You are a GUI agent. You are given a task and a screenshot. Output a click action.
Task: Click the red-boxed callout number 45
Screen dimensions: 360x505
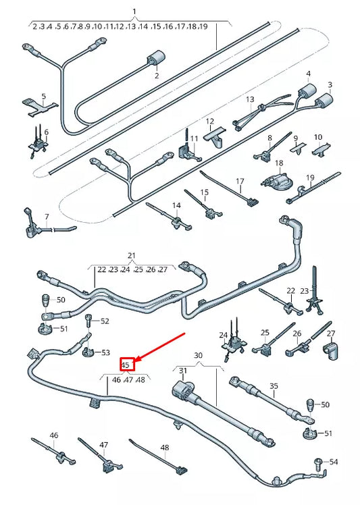[x=126, y=365]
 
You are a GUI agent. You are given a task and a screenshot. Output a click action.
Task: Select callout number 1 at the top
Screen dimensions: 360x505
[x=134, y=12]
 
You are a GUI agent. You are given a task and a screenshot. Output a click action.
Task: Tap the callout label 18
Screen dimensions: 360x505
[x=279, y=163]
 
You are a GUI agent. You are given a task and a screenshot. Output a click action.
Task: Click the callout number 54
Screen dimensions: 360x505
[x=333, y=462]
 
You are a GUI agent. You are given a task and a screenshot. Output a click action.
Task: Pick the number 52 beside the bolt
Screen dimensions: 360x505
[x=105, y=321]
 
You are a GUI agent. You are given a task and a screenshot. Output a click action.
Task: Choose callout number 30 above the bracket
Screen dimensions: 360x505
[x=198, y=355]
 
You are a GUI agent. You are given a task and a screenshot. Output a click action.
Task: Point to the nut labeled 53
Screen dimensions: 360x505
[x=88, y=352]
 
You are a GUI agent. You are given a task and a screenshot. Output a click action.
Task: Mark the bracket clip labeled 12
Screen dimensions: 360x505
[x=215, y=136]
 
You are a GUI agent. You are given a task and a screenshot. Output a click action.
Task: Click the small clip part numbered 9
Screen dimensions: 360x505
[x=297, y=151]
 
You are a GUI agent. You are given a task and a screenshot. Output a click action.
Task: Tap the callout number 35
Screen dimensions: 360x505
[x=274, y=386]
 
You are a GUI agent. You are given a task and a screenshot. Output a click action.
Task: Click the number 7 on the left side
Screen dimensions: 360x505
[x=47, y=217]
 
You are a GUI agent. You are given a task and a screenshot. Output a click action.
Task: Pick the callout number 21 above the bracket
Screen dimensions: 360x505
[x=132, y=256]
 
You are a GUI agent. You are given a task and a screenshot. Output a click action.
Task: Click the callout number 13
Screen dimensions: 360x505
[x=250, y=99]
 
